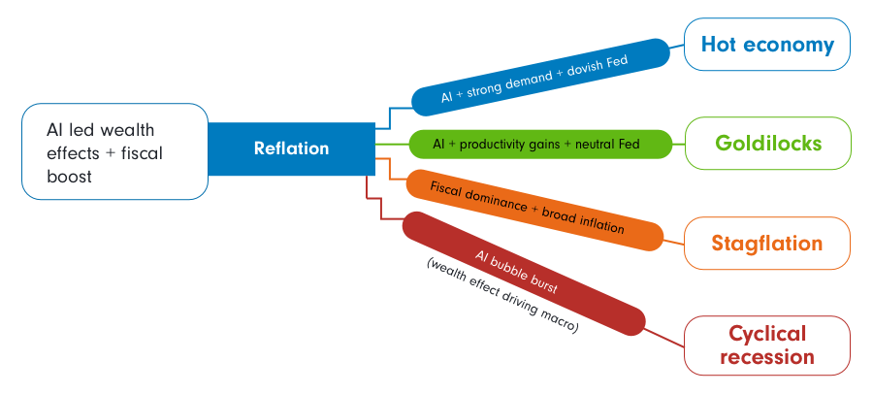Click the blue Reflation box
[x=291, y=149]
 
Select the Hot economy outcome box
[x=766, y=45]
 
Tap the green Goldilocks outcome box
[x=767, y=144]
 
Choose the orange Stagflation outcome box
[x=767, y=243]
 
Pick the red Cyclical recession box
[x=767, y=345]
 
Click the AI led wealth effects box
[x=114, y=151]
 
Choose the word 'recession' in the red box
[x=767, y=357]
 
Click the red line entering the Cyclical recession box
[x=664, y=336]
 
